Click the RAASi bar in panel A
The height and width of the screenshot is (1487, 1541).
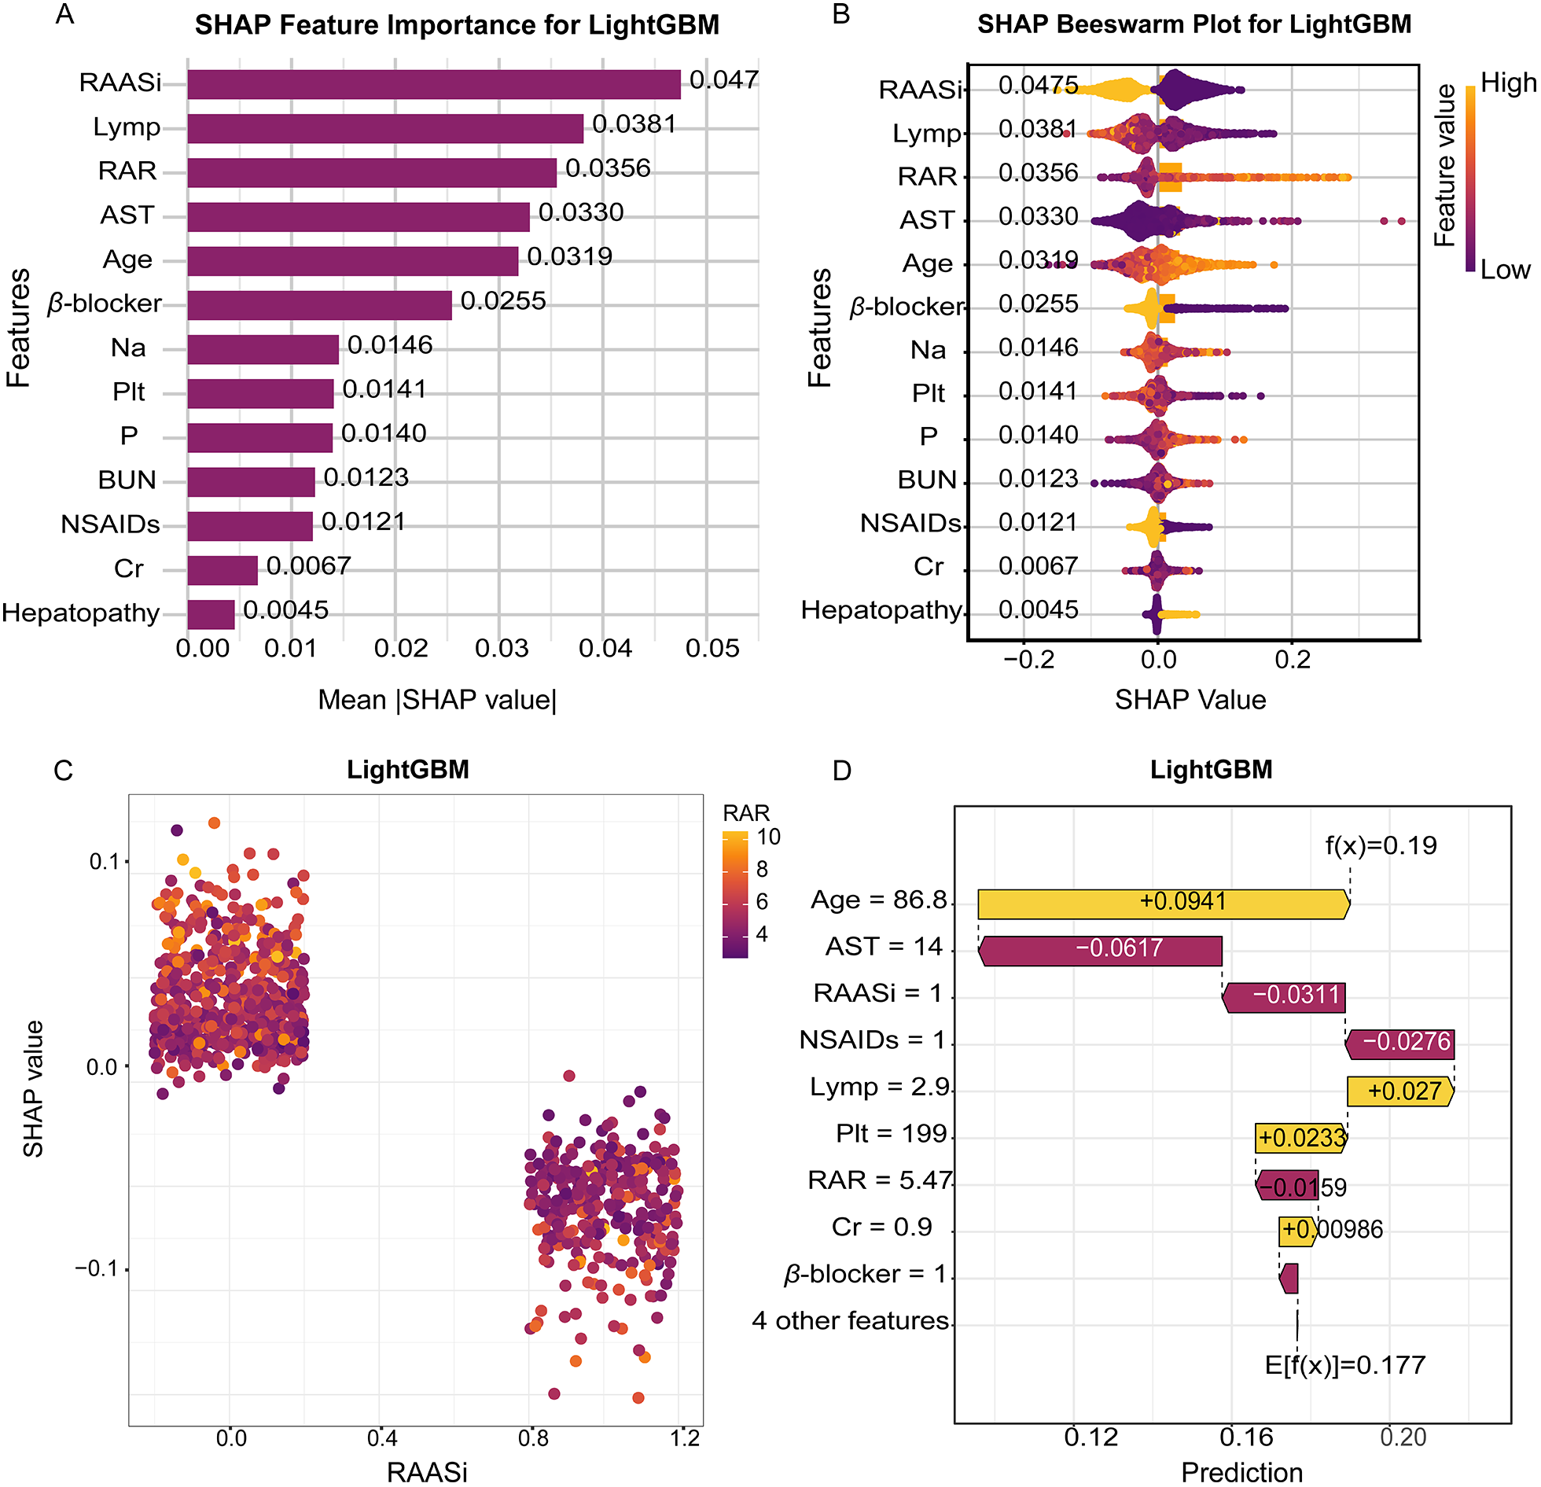(433, 84)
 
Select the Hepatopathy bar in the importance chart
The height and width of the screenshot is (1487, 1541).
(211, 614)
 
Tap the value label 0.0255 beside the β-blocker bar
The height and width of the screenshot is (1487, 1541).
(502, 301)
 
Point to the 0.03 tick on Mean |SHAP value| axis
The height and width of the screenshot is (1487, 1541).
(502, 649)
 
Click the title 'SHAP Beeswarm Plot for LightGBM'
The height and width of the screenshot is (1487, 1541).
(1193, 24)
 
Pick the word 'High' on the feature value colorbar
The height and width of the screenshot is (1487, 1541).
(1507, 83)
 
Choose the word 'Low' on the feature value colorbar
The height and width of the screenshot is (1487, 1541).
(1505, 270)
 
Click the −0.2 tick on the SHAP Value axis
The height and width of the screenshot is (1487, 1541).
(1028, 659)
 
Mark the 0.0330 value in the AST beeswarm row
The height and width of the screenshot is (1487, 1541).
(1038, 217)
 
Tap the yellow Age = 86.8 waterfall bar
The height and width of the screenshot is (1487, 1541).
(1164, 904)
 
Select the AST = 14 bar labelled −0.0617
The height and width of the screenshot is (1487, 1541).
(1101, 950)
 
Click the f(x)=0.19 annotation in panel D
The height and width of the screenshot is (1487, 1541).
(1381, 845)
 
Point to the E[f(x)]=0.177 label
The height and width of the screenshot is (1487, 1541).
(1344, 1364)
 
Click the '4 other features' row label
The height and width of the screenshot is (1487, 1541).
(850, 1320)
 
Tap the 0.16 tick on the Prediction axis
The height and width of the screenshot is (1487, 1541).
(1245, 1437)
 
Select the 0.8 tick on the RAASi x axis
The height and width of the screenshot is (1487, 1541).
(533, 1438)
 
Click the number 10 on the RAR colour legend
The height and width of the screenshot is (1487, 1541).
(768, 837)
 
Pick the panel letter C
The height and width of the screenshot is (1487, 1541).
(63, 770)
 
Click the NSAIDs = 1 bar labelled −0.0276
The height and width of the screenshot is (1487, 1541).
(1400, 1043)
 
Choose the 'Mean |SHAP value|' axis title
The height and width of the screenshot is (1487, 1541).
(437, 700)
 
